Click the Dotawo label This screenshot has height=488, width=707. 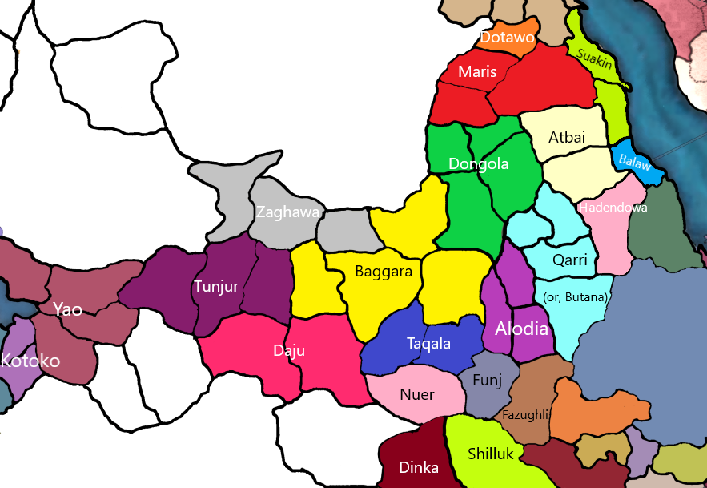(x=508, y=37)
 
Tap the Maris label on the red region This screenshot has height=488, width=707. (x=477, y=72)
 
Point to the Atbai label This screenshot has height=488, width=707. (x=567, y=137)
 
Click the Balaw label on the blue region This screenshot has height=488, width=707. (x=635, y=161)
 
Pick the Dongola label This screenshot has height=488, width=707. (x=479, y=164)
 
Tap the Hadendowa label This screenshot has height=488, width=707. (x=612, y=208)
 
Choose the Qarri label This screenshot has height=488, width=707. (x=570, y=260)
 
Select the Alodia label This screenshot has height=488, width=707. (x=522, y=329)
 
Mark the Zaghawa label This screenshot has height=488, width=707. (x=288, y=212)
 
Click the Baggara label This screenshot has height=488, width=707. (x=384, y=272)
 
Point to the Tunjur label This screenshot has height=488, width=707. (x=216, y=286)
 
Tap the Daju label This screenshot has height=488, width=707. (x=289, y=350)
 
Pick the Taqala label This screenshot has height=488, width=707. (x=428, y=344)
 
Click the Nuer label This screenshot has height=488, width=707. (x=416, y=394)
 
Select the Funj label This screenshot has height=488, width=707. (x=488, y=381)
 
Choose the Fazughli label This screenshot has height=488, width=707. (x=525, y=415)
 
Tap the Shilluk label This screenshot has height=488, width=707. (x=491, y=454)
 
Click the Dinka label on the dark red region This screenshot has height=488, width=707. (x=420, y=469)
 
